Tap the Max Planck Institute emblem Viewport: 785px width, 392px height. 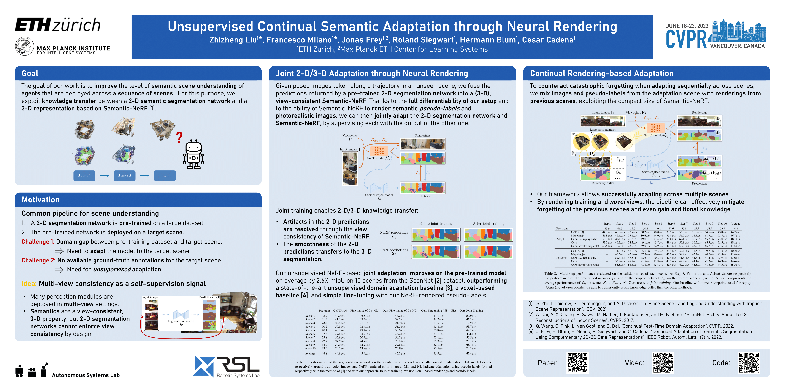coord(24,46)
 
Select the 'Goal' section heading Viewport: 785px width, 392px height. coord(30,73)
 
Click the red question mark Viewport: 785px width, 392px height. coord(179,138)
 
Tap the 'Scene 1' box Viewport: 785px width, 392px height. coord(84,176)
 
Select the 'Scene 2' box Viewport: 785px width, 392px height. coord(125,176)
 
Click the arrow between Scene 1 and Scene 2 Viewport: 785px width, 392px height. coord(105,176)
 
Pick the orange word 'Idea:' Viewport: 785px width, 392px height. coord(29,284)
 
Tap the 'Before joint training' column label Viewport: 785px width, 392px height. coord(436,223)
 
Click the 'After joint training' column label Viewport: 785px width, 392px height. coord(488,223)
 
